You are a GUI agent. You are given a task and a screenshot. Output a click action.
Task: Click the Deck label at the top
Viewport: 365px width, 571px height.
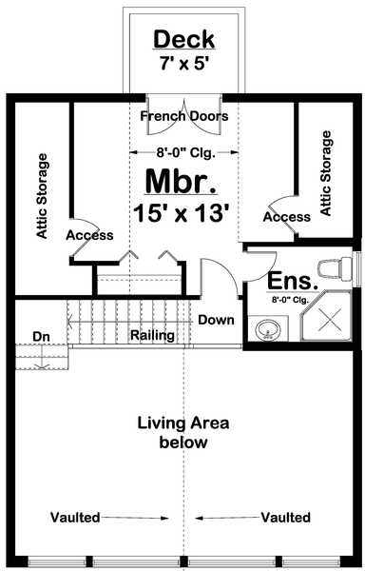click(x=184, y=40)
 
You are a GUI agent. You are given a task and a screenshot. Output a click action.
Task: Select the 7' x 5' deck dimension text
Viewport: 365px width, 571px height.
click(x=184, y=65)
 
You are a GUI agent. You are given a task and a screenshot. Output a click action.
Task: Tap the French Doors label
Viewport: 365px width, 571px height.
click(x=184, y=117)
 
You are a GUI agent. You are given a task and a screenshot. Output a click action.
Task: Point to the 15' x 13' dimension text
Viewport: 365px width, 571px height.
click(x=184, y=213)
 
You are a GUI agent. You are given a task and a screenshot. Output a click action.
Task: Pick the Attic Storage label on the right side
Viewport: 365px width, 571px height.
click(x=327, y=173)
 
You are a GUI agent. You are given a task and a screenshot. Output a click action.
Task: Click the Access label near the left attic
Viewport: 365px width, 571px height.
click(x=90, y=235)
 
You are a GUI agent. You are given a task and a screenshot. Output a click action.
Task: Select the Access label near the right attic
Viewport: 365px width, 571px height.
click(x=286, y=217)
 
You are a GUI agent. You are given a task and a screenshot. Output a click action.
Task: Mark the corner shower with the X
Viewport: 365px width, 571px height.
click(x=327, y=322)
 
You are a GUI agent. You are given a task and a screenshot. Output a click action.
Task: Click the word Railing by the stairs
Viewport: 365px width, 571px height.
click(x=152, y=335)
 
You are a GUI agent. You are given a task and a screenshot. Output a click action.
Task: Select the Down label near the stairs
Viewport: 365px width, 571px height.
click(x=216, y=320)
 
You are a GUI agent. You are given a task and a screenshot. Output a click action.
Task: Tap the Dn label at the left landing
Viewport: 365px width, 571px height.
click(x=41, y=335)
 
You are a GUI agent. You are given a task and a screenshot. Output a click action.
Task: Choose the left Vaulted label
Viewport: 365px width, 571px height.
click(x=78, y=518)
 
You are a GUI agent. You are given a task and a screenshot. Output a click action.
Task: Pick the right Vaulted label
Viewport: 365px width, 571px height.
click(x=285, y=518)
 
